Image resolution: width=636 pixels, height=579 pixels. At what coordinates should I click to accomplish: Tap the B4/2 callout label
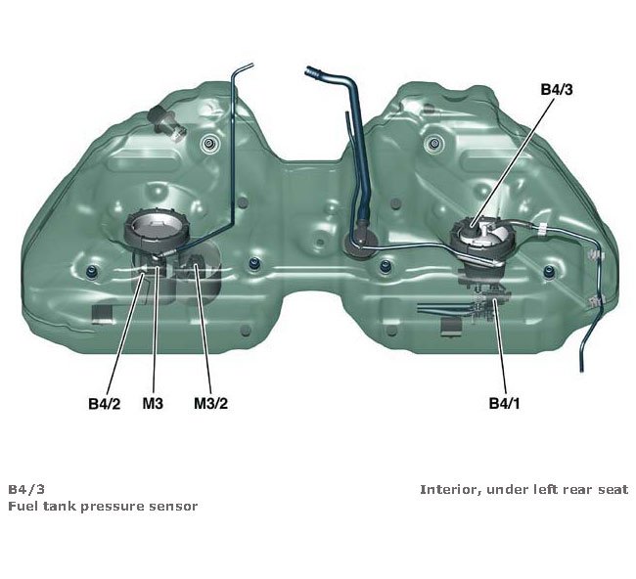click(x=103, y=402)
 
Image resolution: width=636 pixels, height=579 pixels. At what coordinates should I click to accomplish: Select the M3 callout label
click(x=154, y=402)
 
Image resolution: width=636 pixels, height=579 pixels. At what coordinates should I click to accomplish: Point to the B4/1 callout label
click(x=505, y=402)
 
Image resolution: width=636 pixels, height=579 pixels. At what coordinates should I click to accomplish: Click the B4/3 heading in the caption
click(x=25, y=489)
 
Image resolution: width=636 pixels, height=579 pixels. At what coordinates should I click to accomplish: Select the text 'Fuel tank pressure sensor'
click(x=103, y=506)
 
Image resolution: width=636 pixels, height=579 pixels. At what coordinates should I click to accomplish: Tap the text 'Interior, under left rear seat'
click(x=523, y=489)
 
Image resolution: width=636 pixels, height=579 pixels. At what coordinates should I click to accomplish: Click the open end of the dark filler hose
click(x=310, y=70)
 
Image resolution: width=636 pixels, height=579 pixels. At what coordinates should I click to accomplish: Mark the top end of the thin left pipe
click(x=249, y=65)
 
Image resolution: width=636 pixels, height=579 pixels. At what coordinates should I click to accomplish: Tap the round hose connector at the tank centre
click(x=360, y=242)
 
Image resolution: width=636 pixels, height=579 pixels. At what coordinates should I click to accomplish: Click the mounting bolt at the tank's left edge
click(x=93, y=269)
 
